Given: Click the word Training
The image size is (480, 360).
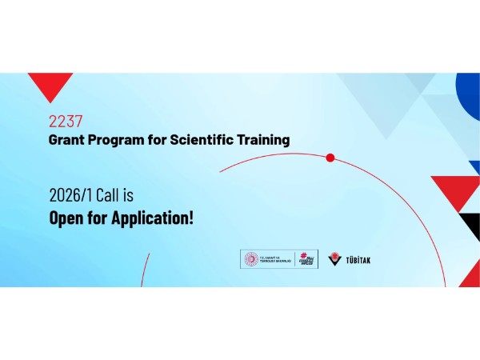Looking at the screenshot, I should tap(263, 140).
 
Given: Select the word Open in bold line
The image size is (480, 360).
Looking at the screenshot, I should tap(67, 217).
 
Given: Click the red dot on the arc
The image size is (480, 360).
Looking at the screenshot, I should tap(330, 158).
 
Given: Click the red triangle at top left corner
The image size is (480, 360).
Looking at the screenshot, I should tap(50, 83).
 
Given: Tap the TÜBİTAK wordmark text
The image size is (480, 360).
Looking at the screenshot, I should tap(358, 260).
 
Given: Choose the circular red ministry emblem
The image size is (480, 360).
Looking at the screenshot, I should tap(250, 259).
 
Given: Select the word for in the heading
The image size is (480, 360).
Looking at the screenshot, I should tap(159, 140).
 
